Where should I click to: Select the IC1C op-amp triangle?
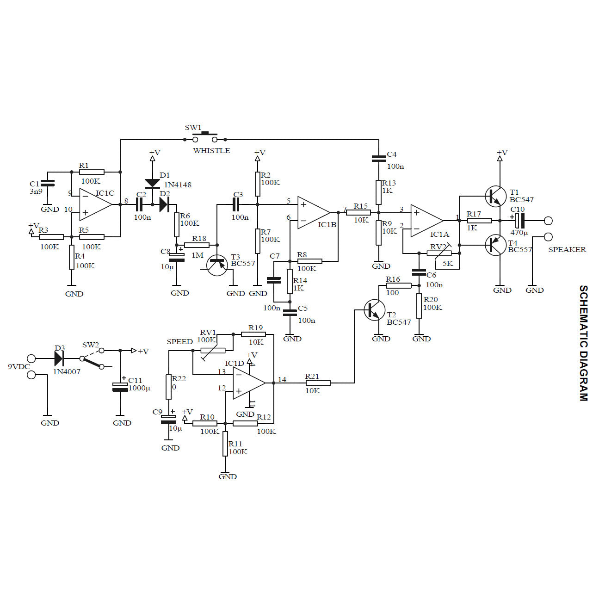point(94,204)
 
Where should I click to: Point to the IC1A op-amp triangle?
point(426,221)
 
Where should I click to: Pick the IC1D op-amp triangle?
point(248,383)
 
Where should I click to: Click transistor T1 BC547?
point(495,196)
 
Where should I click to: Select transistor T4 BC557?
point(495,245)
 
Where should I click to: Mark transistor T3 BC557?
point(217,265)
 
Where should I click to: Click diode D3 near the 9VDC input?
point(59,358)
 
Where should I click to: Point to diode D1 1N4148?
point(152,183)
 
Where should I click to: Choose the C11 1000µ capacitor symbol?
point(120,387)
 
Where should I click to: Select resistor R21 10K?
point(318,383)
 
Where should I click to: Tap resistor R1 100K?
point(92,172)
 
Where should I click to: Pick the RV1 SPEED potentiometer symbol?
point(213,351)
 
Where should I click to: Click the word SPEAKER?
point(567,250)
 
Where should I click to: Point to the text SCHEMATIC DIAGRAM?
point(584,343)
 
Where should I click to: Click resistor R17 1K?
point(479,221)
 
